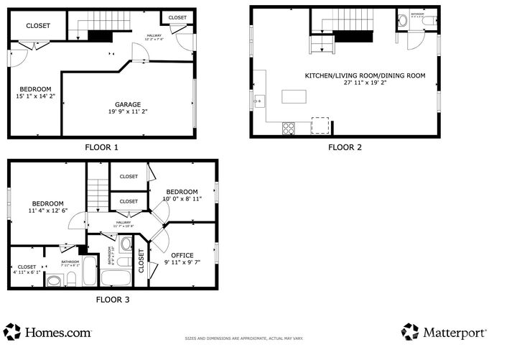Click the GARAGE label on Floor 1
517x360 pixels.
(x=129, y=103)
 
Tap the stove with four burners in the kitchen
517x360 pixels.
(x=289, y=128)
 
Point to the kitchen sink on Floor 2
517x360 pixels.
(x=259, y=101)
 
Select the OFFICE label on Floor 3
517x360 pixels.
(x=182, y=254)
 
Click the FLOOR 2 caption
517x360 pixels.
(x=345, y=147)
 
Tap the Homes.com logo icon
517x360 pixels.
(x=12, y=332)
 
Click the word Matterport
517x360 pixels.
(x=455, y=333)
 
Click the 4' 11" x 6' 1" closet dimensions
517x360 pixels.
(x=27, y=272)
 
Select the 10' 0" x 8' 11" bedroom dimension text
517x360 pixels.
(x=182, y=199)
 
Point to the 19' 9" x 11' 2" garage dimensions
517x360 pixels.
(x=129, y=111)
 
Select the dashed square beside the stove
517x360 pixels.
(x=321, y=126)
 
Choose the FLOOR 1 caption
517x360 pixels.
(x=101, y=147)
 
